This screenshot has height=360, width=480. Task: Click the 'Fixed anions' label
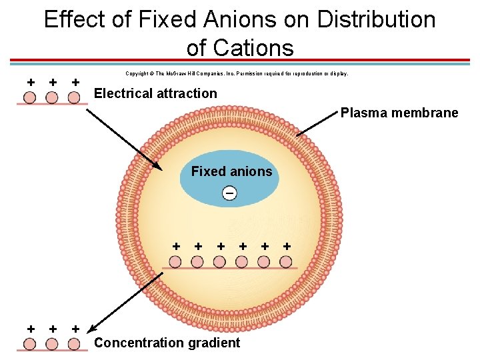tap(231, 171)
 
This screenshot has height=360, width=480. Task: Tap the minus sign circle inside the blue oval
tap(229, 193)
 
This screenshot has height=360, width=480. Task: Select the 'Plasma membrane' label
tap(399, 113)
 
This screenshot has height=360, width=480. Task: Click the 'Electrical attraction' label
tap(155, 93)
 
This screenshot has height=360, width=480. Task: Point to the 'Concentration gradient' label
tap(167, 343)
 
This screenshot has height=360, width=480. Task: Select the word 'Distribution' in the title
tap(376, 19)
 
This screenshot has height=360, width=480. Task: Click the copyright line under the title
tap(237, 74)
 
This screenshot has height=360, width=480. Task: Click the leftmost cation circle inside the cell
tap(175, 261)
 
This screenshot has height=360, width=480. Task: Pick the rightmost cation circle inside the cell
tap(286, 261)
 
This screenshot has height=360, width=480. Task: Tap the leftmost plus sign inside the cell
tap(176, 246)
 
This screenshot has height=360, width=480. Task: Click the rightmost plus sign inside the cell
tap(287, 246)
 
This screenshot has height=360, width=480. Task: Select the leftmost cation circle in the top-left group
tap(30, 97)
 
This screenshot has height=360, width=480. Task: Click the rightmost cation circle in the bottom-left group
tap(74, 344)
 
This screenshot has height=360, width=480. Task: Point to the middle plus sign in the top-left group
tap(53, 82)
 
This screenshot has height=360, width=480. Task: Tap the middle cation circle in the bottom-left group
tap(52, 344)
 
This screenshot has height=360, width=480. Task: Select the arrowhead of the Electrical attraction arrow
tap(157, 167)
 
